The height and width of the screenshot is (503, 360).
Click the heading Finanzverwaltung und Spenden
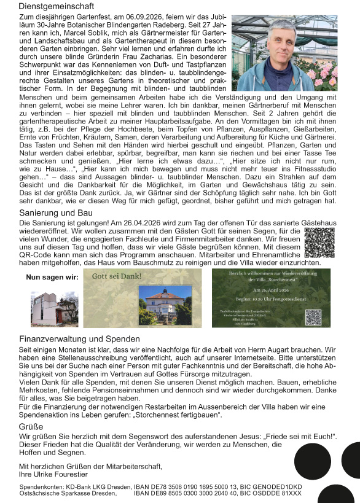[x=80, y=339]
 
